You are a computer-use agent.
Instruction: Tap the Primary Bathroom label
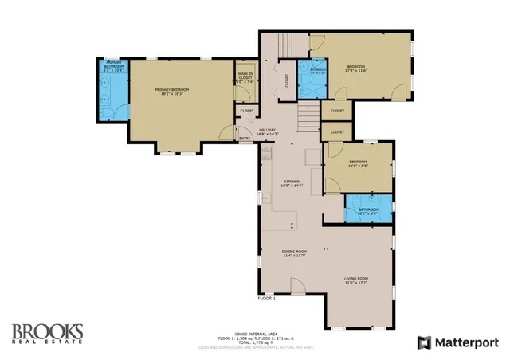coord(115,65)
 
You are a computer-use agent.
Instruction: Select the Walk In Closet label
coord(245,76)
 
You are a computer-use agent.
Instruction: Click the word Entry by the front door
coord(245,139)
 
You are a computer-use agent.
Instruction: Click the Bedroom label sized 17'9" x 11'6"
coord(355,66)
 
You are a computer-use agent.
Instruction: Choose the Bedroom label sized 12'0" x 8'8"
coord(357,163)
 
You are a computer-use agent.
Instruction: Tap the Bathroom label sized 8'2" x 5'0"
coord(367,210)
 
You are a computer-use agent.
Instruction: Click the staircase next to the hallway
coord(307,119)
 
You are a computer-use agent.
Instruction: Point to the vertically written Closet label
coord(287,80)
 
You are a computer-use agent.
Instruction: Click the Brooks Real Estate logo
coord(47,335)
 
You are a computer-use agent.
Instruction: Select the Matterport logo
coord(458,342)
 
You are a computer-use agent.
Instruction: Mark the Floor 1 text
coord(266,299)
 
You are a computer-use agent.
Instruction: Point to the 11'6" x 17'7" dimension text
coord(355,282)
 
